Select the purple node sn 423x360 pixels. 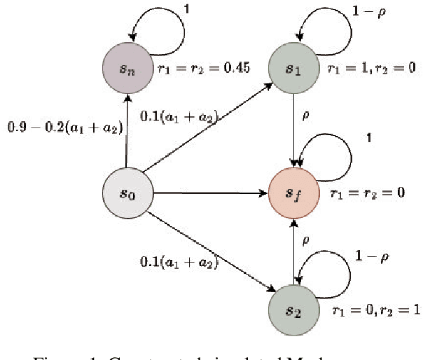(127, 70)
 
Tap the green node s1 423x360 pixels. (293, 70)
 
